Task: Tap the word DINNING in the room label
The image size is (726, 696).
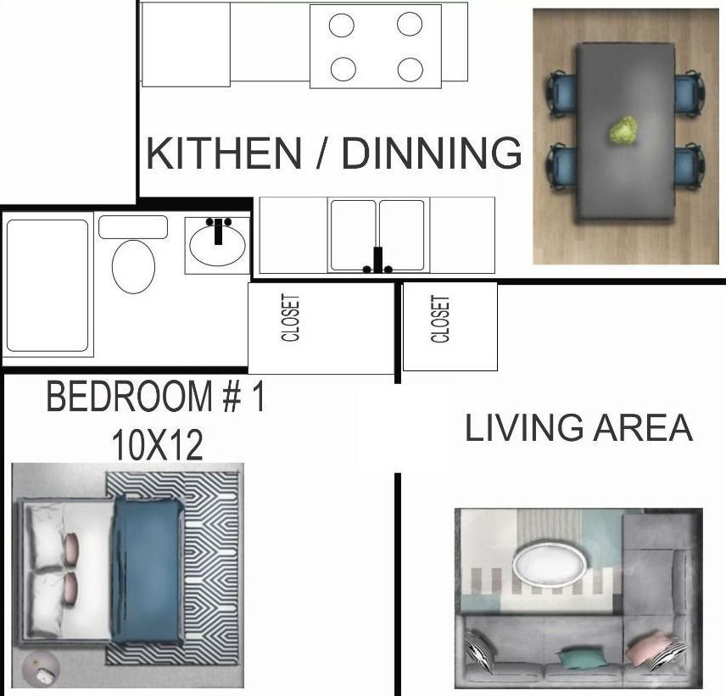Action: pos(432,153)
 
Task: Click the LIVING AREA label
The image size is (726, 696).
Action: pos(578,428)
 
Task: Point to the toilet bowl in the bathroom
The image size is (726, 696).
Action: pos(134,265)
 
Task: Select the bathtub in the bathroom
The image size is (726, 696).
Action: pos(47,286)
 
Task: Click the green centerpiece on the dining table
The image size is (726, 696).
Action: pos(623,131)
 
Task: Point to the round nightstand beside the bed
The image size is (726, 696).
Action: pos(41,670)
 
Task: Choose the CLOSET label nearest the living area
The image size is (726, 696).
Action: pos(440,319)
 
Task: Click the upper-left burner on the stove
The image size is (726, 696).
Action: pos(342,25)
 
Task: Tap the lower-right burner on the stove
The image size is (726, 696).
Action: pos(410,69)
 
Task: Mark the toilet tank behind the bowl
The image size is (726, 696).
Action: pos(133,226)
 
